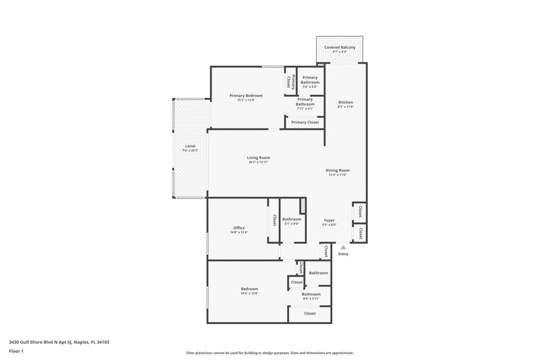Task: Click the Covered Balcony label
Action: click(339, 47)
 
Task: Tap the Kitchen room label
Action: click(345, 102)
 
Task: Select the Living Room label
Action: click(258, 158)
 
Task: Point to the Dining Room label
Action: click(337, 170)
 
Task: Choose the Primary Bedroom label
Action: click(246, 95)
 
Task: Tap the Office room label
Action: click(239, 228)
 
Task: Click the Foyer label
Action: click(329, 220)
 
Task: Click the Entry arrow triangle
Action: click(343, 247)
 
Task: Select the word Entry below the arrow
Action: click(343, 254)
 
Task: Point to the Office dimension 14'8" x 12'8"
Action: click(239, 232)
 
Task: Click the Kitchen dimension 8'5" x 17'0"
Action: click(345, 107)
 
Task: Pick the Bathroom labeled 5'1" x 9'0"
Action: click(291, 219)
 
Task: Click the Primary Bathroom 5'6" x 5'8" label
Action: click(310, 80)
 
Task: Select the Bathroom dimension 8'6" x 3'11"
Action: click(311, 298)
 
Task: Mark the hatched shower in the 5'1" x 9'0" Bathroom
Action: click(302, 205)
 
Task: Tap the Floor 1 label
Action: click(16, 351)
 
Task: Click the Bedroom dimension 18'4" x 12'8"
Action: click(249, 293)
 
